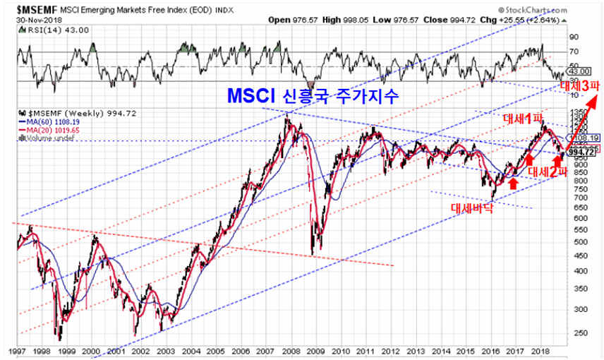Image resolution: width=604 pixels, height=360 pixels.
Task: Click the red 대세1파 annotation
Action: (517, 118)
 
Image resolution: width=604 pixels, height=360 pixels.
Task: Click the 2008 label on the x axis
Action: (289, 351)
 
